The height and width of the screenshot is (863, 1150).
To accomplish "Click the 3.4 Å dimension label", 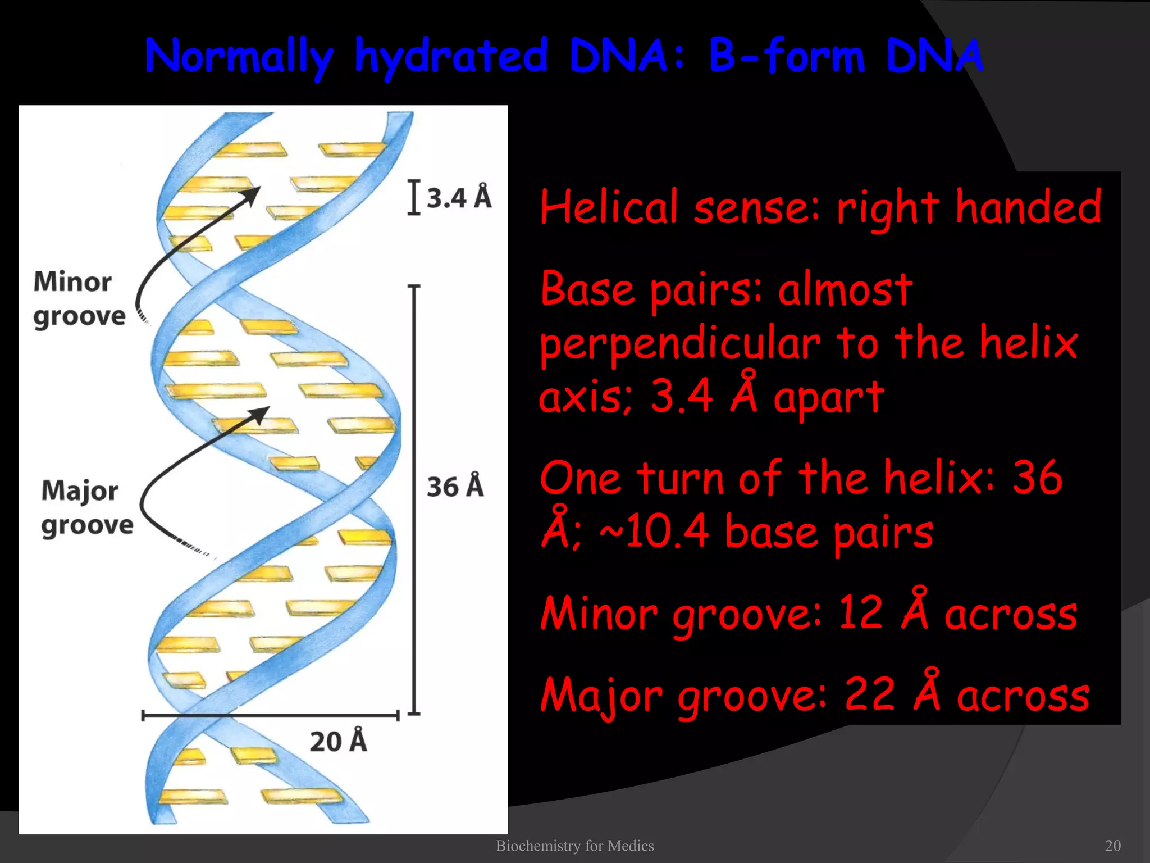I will [459, 197].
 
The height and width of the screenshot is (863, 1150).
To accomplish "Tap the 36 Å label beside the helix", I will [455, 487].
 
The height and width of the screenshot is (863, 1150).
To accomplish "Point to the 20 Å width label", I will [338, 741].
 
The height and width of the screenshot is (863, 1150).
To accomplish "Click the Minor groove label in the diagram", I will [79, 299].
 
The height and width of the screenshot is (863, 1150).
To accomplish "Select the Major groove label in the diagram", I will [87, 508].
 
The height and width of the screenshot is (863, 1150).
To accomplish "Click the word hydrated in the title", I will [451, 57].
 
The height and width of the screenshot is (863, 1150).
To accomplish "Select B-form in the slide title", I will [786, 57].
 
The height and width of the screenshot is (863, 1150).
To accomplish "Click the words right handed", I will [969, 207].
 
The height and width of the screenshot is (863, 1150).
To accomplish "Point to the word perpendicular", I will [680, 343].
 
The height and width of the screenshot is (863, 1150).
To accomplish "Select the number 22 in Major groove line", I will [870, 694].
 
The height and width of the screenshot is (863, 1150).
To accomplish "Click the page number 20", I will [1112, 846].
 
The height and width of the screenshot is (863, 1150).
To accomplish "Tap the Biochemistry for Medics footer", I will [574, 846].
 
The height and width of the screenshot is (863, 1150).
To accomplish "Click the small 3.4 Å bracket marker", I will [414, 197].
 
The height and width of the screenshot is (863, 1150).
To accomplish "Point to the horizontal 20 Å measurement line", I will [270, 716].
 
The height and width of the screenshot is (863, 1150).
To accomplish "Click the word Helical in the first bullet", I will [609, 207].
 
